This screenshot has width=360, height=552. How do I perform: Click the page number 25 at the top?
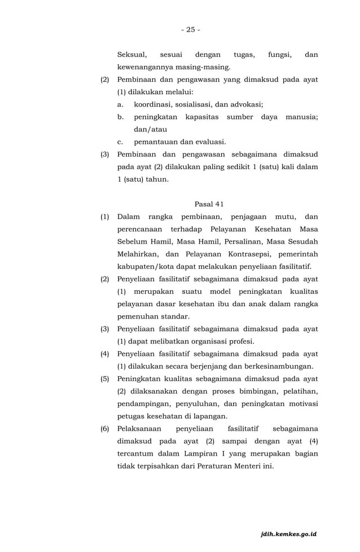click(190, 29)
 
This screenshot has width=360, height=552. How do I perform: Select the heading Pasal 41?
click(209, 204)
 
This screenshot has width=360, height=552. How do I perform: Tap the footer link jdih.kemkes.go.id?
click(288, 533)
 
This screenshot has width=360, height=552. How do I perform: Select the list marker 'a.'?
click(121, 104)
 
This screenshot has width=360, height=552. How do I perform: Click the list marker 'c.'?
click(120, 142)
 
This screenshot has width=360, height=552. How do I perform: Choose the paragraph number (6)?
click(105, 429)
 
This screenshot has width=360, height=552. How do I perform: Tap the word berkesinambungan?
click(277, 366)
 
